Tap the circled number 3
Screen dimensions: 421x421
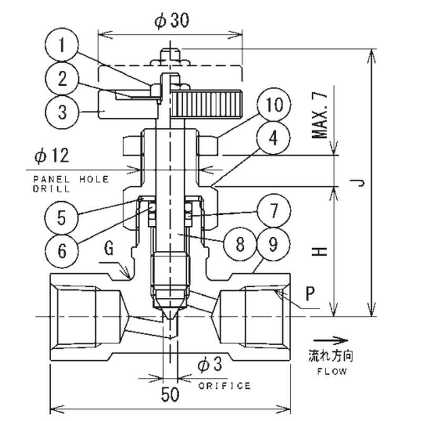(x=62, y=112)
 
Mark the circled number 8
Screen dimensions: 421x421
(x=239, y=243)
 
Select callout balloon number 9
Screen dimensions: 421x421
(x=273, y=243)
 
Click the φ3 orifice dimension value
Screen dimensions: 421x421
(x=210, y=365)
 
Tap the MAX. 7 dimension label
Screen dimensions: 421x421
(x=320, y=115)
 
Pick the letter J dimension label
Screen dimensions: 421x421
(x=358, y=183)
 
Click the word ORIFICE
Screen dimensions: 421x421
(x=225, y=386)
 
